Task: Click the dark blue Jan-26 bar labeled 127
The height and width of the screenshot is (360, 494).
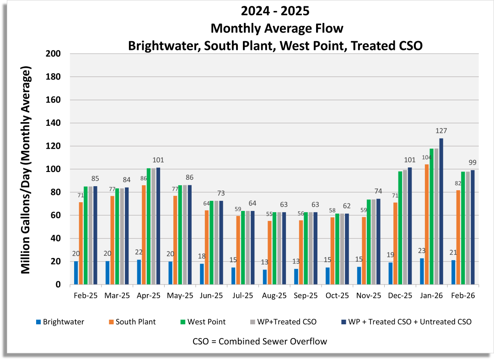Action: pyautogui.click(x=441, y=211)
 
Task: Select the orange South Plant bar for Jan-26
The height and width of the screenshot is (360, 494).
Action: pyautogui.click(x=427, y=224)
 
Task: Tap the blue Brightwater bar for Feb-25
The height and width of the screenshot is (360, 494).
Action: pyautogui.click(x=76, y=273)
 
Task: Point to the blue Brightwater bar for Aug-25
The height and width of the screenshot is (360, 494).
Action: pyautogui.click(x=265, y=277)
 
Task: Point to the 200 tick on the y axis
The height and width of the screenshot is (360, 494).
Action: pyautogui.click(x=54, y=54)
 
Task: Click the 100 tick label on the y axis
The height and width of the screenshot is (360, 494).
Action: pyautogui.click(x=54, y=169)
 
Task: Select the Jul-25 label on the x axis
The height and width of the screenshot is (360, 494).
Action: pyautogui.click(x=243, y=296)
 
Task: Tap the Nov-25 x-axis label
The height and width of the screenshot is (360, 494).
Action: pyautogui.click(x=369, y=296)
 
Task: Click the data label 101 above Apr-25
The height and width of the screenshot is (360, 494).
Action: pyautogui.click(x=158, y=160)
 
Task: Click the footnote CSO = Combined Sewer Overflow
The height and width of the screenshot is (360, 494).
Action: pyautogui.click(x=260, y=341)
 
